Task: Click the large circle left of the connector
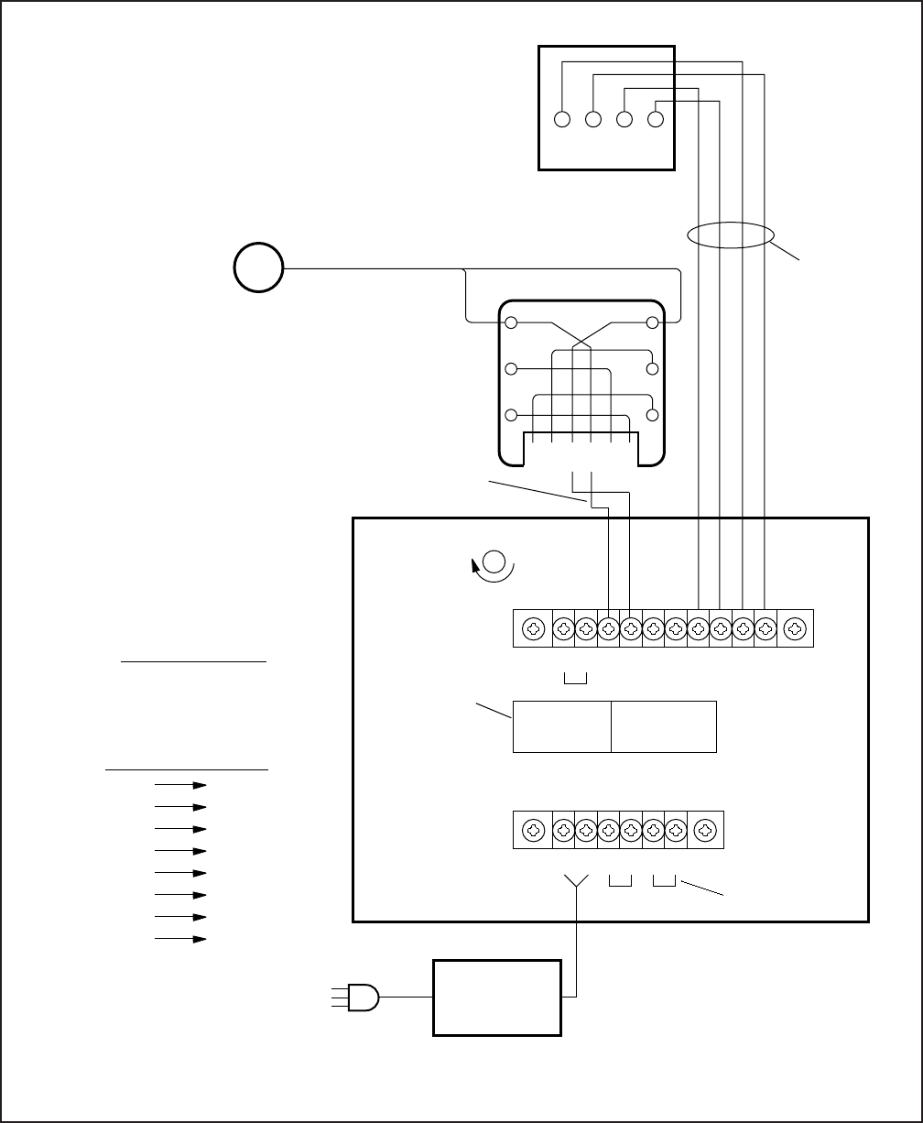[258, 268]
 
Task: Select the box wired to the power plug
[496, 998]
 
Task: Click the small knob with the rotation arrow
[494, 562]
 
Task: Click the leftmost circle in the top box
[563, 120]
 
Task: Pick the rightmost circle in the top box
[656, 120]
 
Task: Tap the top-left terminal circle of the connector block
[512, 323]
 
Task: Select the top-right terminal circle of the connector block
[653, 323]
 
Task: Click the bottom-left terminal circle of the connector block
[512, 415]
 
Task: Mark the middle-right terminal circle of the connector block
[653, 369]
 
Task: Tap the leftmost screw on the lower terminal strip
[532, 831]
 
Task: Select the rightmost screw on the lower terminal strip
[705, 831]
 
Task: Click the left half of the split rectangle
[561, 727]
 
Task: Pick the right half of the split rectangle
[664, 727]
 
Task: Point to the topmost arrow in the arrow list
[181, 785]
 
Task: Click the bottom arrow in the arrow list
[181, 939]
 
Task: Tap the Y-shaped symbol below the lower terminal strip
[576, 882]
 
